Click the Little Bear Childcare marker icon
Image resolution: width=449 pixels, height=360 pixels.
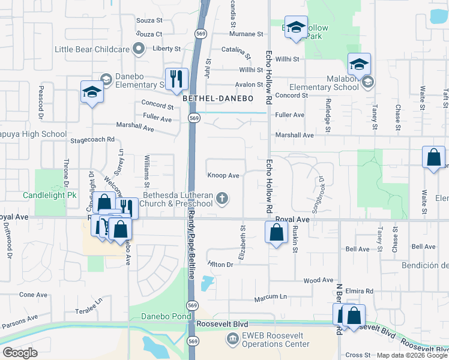coord(139,49)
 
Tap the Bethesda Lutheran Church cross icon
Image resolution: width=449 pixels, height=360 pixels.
coord(222,198)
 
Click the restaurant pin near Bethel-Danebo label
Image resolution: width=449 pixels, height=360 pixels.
coord(176,79)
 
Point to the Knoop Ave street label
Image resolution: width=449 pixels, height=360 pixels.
coord(224,176)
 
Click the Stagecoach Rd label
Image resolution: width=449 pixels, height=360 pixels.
coord(92,139)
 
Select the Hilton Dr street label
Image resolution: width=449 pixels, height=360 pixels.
coord(220,265)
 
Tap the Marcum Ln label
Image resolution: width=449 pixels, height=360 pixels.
coord(270,296)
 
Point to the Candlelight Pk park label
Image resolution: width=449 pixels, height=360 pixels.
coord(50,196)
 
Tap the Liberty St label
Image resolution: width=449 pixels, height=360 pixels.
coord(166,49)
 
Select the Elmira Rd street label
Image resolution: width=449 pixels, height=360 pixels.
coord(361,291)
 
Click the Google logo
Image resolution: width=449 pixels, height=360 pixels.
coord(20,353)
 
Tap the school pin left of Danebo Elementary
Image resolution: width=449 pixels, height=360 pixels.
coord(91,92)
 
